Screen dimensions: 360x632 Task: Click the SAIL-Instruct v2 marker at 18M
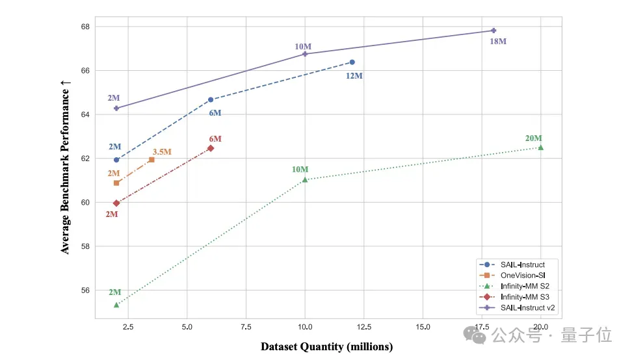(x=494, y=31)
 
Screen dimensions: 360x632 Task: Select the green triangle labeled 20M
(x=540, y=148)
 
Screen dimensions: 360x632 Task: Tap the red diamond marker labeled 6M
(x=211, y=148)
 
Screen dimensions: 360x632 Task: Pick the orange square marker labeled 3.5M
(x=151, y=159)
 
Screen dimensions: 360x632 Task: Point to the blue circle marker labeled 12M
(x=352, y=62)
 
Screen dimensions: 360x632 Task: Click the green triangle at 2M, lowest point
(x=116, y=305)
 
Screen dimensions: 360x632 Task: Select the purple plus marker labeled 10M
(x=305, y=54)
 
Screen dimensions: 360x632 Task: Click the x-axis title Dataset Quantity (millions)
(x=327, y=346)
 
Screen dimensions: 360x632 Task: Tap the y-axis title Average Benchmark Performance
(x=66, y=167)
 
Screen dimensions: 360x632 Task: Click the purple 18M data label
(x=498, y=42)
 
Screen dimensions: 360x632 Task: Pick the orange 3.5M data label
(x=162, y=152)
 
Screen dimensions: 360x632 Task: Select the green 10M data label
(x=300, y=170)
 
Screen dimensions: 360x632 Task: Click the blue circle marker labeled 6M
(x=211, y=99)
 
